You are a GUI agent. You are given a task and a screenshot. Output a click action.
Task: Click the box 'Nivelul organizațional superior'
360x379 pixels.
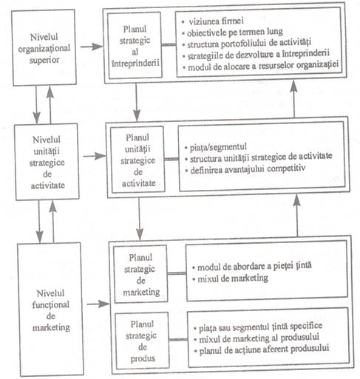click(44, 47)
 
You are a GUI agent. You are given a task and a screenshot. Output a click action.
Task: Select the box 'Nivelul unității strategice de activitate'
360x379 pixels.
click(47, 162)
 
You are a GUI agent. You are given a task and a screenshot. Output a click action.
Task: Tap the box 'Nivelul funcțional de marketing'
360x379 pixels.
click(51, 310)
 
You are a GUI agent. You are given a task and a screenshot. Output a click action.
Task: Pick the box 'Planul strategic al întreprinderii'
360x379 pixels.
click(135, 46)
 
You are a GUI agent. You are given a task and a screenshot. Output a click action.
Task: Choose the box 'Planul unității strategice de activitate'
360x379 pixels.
click(137, 160)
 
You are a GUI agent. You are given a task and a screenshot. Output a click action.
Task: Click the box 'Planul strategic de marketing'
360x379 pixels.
click(140, 274)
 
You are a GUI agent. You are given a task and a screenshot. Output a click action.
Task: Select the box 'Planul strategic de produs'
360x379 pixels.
click(142, 341)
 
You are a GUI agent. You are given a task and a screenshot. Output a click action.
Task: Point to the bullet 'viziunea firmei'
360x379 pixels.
click(213, 21)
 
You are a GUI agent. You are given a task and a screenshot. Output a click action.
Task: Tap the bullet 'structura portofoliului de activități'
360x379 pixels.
click(246, 44)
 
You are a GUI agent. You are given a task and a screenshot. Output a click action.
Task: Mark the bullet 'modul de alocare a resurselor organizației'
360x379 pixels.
click(261, 66)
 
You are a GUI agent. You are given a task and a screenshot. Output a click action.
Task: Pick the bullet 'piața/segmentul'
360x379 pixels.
click(216, 147)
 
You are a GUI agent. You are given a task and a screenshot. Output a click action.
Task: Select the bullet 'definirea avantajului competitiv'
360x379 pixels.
click(245, 169)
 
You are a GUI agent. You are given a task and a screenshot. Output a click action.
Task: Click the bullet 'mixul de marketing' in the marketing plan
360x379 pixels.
click(230, 279)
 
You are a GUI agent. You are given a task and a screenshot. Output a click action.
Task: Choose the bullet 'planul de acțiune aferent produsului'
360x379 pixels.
click(262, 349)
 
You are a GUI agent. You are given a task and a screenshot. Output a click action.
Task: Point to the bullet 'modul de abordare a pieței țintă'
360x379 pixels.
click(252, 266)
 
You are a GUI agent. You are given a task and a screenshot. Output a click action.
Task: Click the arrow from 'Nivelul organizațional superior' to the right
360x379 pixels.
click(92, 46)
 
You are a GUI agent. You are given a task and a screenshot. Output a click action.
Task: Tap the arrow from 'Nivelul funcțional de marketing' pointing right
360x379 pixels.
click(98, 304)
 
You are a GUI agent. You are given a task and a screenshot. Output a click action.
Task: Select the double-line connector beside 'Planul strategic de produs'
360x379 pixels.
click(178, 340)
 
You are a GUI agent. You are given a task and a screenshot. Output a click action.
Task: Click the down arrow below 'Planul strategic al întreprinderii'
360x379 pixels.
click(136, 103)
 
